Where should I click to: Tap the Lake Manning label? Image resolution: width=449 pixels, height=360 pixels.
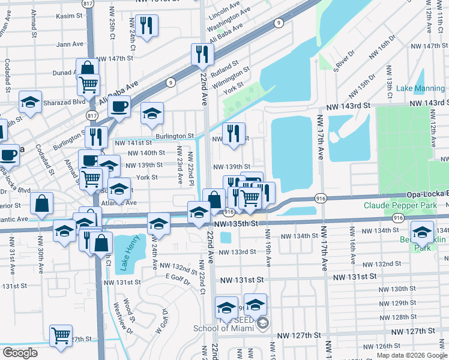point(420,89)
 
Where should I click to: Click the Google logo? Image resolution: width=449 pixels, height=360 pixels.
point(20,353)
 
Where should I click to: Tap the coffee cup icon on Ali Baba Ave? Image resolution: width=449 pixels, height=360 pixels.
point(119,107)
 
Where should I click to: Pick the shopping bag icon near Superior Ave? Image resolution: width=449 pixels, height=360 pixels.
point(41,204)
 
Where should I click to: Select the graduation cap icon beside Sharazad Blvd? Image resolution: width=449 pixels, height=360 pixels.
point(29,102)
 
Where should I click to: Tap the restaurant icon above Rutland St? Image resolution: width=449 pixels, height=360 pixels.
point(202,55)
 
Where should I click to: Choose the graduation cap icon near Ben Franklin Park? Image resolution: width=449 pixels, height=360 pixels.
point(422,232)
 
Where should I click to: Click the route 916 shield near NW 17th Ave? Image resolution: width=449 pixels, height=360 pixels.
point(319,198)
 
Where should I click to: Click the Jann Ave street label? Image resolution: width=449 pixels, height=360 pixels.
point(70,44)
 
